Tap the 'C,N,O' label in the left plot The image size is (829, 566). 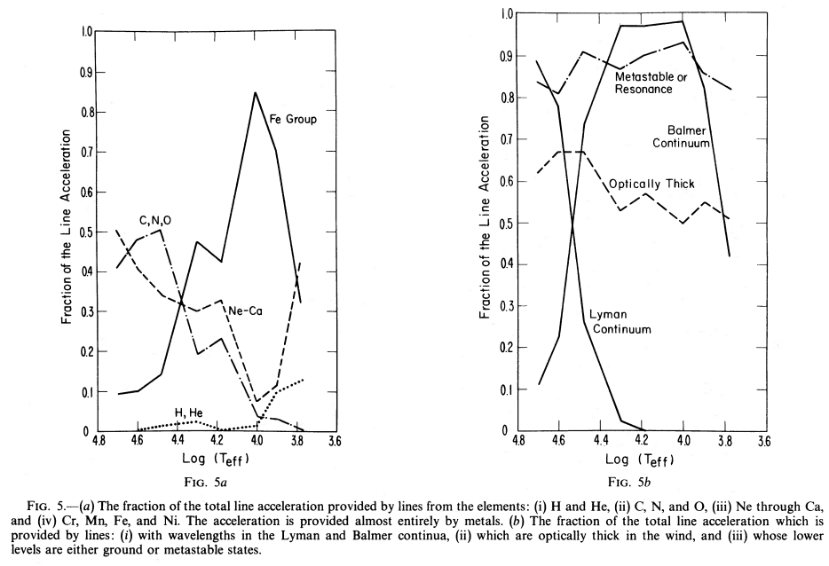tap(155, 220)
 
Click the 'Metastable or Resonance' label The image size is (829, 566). tap(651, 83)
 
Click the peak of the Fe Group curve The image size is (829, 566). tap(256, 92)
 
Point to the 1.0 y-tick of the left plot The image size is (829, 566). tap(87, 32)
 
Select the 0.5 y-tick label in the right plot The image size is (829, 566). tap(505, 223)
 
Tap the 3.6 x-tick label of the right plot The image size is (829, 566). tap(762, 440)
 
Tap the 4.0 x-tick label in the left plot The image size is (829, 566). tap(257, 440)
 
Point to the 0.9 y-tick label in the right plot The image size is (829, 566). tap(505, 56)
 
